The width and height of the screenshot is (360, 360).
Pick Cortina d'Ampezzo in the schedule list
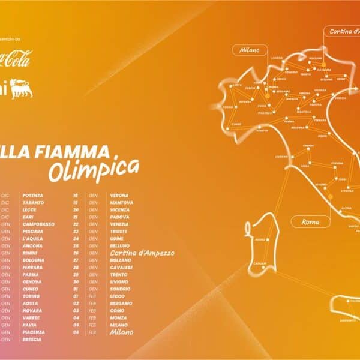[142, 253]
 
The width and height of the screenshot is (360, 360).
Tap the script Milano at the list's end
[122, 332]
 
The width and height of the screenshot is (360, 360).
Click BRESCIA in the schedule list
[32, 339]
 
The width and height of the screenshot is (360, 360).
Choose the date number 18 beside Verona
[76, 195]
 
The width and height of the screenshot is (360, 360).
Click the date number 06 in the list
[76, 332]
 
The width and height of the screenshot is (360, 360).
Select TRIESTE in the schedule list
[119, 231]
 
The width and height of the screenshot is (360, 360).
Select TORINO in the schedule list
[31, 296]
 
